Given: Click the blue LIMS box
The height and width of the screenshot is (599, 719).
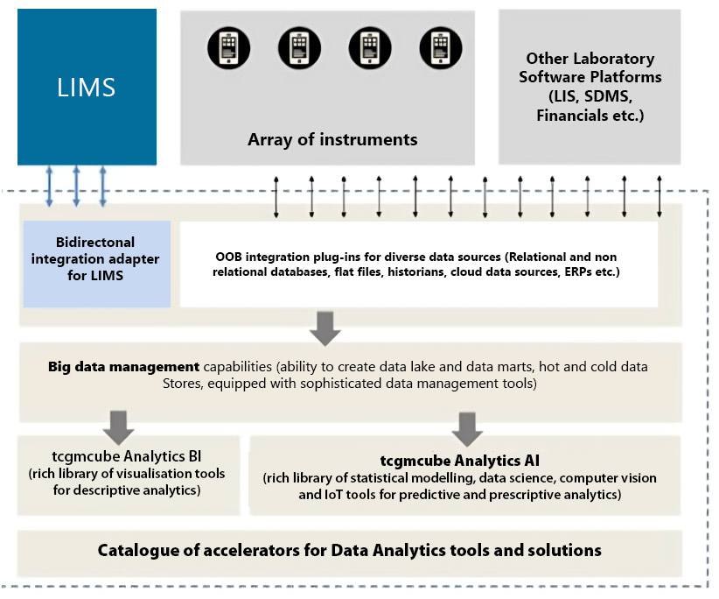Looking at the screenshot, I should (x=87, y=87).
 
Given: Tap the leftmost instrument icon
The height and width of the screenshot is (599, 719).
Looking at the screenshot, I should (x=227, y=46).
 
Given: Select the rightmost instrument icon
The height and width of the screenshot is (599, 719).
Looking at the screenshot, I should (x=438, y=46).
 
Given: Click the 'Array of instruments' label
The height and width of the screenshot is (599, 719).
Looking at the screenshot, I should (x=332, y=139).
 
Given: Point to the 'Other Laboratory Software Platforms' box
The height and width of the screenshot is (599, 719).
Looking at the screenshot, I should (x=590, y=87).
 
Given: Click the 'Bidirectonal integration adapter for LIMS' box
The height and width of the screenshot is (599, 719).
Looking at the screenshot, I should (x=96, y=264).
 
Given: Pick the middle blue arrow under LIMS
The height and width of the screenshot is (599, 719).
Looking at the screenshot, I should (x=77, y=186).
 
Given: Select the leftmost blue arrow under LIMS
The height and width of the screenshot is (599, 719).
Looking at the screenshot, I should (x=49, y=186).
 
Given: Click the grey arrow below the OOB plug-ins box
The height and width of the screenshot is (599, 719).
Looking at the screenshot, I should (x=325, y=326).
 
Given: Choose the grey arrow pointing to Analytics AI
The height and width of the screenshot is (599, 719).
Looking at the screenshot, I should (x=467, y=425).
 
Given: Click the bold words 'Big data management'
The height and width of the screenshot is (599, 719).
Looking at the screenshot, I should (x=123, y=365).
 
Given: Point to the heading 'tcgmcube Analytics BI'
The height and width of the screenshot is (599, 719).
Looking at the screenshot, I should (x=127, y=456).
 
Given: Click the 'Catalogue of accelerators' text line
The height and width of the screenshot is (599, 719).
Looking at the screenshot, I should (x=349, y=550).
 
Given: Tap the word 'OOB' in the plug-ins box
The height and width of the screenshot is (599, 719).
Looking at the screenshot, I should (x=229, y=257).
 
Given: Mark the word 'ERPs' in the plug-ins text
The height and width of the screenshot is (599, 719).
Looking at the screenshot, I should (x=576, y=272).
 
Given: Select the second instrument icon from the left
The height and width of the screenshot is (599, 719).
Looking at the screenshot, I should (x=297, y=46).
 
